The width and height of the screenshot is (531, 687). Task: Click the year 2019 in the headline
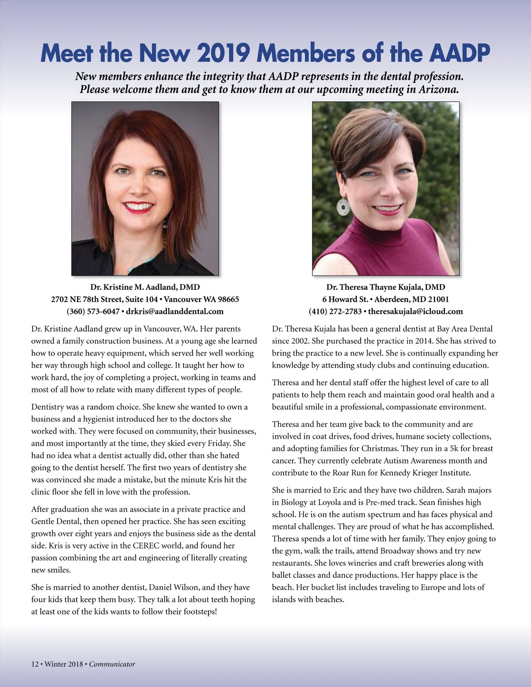(x=223, y=53)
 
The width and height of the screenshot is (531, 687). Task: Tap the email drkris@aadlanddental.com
(x=175, y=311)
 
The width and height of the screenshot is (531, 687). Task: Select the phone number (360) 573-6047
(x=93, y=311)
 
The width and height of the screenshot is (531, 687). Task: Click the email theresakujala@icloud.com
(x=416, y=311)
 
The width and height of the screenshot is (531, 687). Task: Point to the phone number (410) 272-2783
(x=335, y=311)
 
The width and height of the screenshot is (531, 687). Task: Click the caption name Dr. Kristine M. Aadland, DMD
(x=145, y=287)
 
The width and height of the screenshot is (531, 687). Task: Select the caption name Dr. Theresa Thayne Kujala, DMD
(x=386, y=287)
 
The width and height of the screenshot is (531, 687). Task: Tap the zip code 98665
(x=228, y=299)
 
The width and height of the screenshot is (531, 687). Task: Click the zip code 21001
(x=438, y=299)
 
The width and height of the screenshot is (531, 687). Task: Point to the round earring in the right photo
(x=343, y=207)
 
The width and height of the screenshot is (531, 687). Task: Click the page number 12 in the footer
(x=35, y=664)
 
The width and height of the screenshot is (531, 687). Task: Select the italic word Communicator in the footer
(x=112, y=664)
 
